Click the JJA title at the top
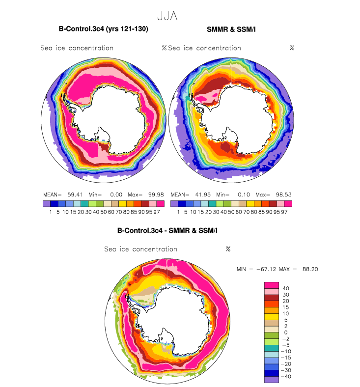click(167, 16)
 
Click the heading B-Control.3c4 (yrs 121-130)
click(104, 29)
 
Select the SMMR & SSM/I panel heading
click(231, 29)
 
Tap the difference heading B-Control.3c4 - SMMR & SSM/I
click(167, 230)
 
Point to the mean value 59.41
click(75, 194)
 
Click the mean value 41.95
click(203, 194)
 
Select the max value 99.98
click(156, 194)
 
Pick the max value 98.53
click(283, 194)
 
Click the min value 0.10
click(244, 194)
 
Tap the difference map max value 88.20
click(310, 269)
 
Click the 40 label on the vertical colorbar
click(286, 288)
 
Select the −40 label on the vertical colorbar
click(286, 376)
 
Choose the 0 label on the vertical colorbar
click(286, 332)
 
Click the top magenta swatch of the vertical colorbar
click(272, 285)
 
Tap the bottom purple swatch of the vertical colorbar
click(272, 380)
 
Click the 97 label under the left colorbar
click(157, 212)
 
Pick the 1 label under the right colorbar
click(178, 212)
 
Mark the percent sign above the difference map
click(228, 249)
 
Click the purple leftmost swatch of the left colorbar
click(46, 204)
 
